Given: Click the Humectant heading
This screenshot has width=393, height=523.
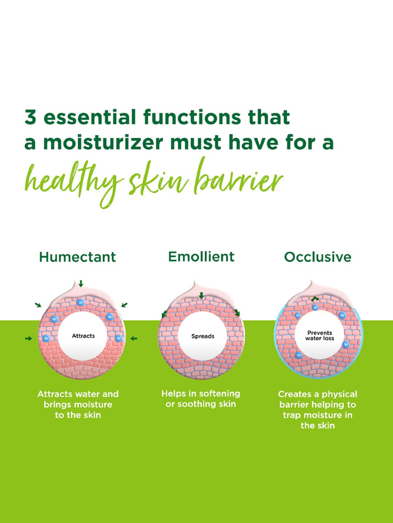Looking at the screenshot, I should pos(77,257).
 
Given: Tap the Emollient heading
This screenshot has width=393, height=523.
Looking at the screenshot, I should pos(201,257).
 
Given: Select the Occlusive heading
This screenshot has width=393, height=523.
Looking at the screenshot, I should pos(318,257).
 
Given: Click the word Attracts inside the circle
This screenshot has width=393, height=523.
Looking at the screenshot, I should pos(83,336).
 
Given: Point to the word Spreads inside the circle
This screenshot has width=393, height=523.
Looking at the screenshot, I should pos(203,336).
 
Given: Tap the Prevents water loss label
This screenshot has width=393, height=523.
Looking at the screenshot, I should pos(320,336).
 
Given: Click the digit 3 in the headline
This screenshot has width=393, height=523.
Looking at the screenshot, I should pos(30,117).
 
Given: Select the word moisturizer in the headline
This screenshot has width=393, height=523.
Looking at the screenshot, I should pos(103,143).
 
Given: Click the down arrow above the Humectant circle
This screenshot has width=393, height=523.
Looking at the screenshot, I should pos(81,283).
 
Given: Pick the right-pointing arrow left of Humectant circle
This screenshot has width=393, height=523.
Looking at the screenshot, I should pos(28,339).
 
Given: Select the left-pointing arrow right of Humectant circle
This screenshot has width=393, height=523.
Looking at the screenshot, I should pos(134,339).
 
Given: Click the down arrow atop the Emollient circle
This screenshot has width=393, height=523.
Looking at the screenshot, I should pos(201,296).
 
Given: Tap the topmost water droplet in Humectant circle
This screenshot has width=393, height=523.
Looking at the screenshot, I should pos(81,303).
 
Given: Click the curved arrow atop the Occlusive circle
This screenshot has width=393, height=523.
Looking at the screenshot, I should pos(315,299).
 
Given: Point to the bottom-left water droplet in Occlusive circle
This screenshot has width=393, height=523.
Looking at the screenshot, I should pos(299,355).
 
